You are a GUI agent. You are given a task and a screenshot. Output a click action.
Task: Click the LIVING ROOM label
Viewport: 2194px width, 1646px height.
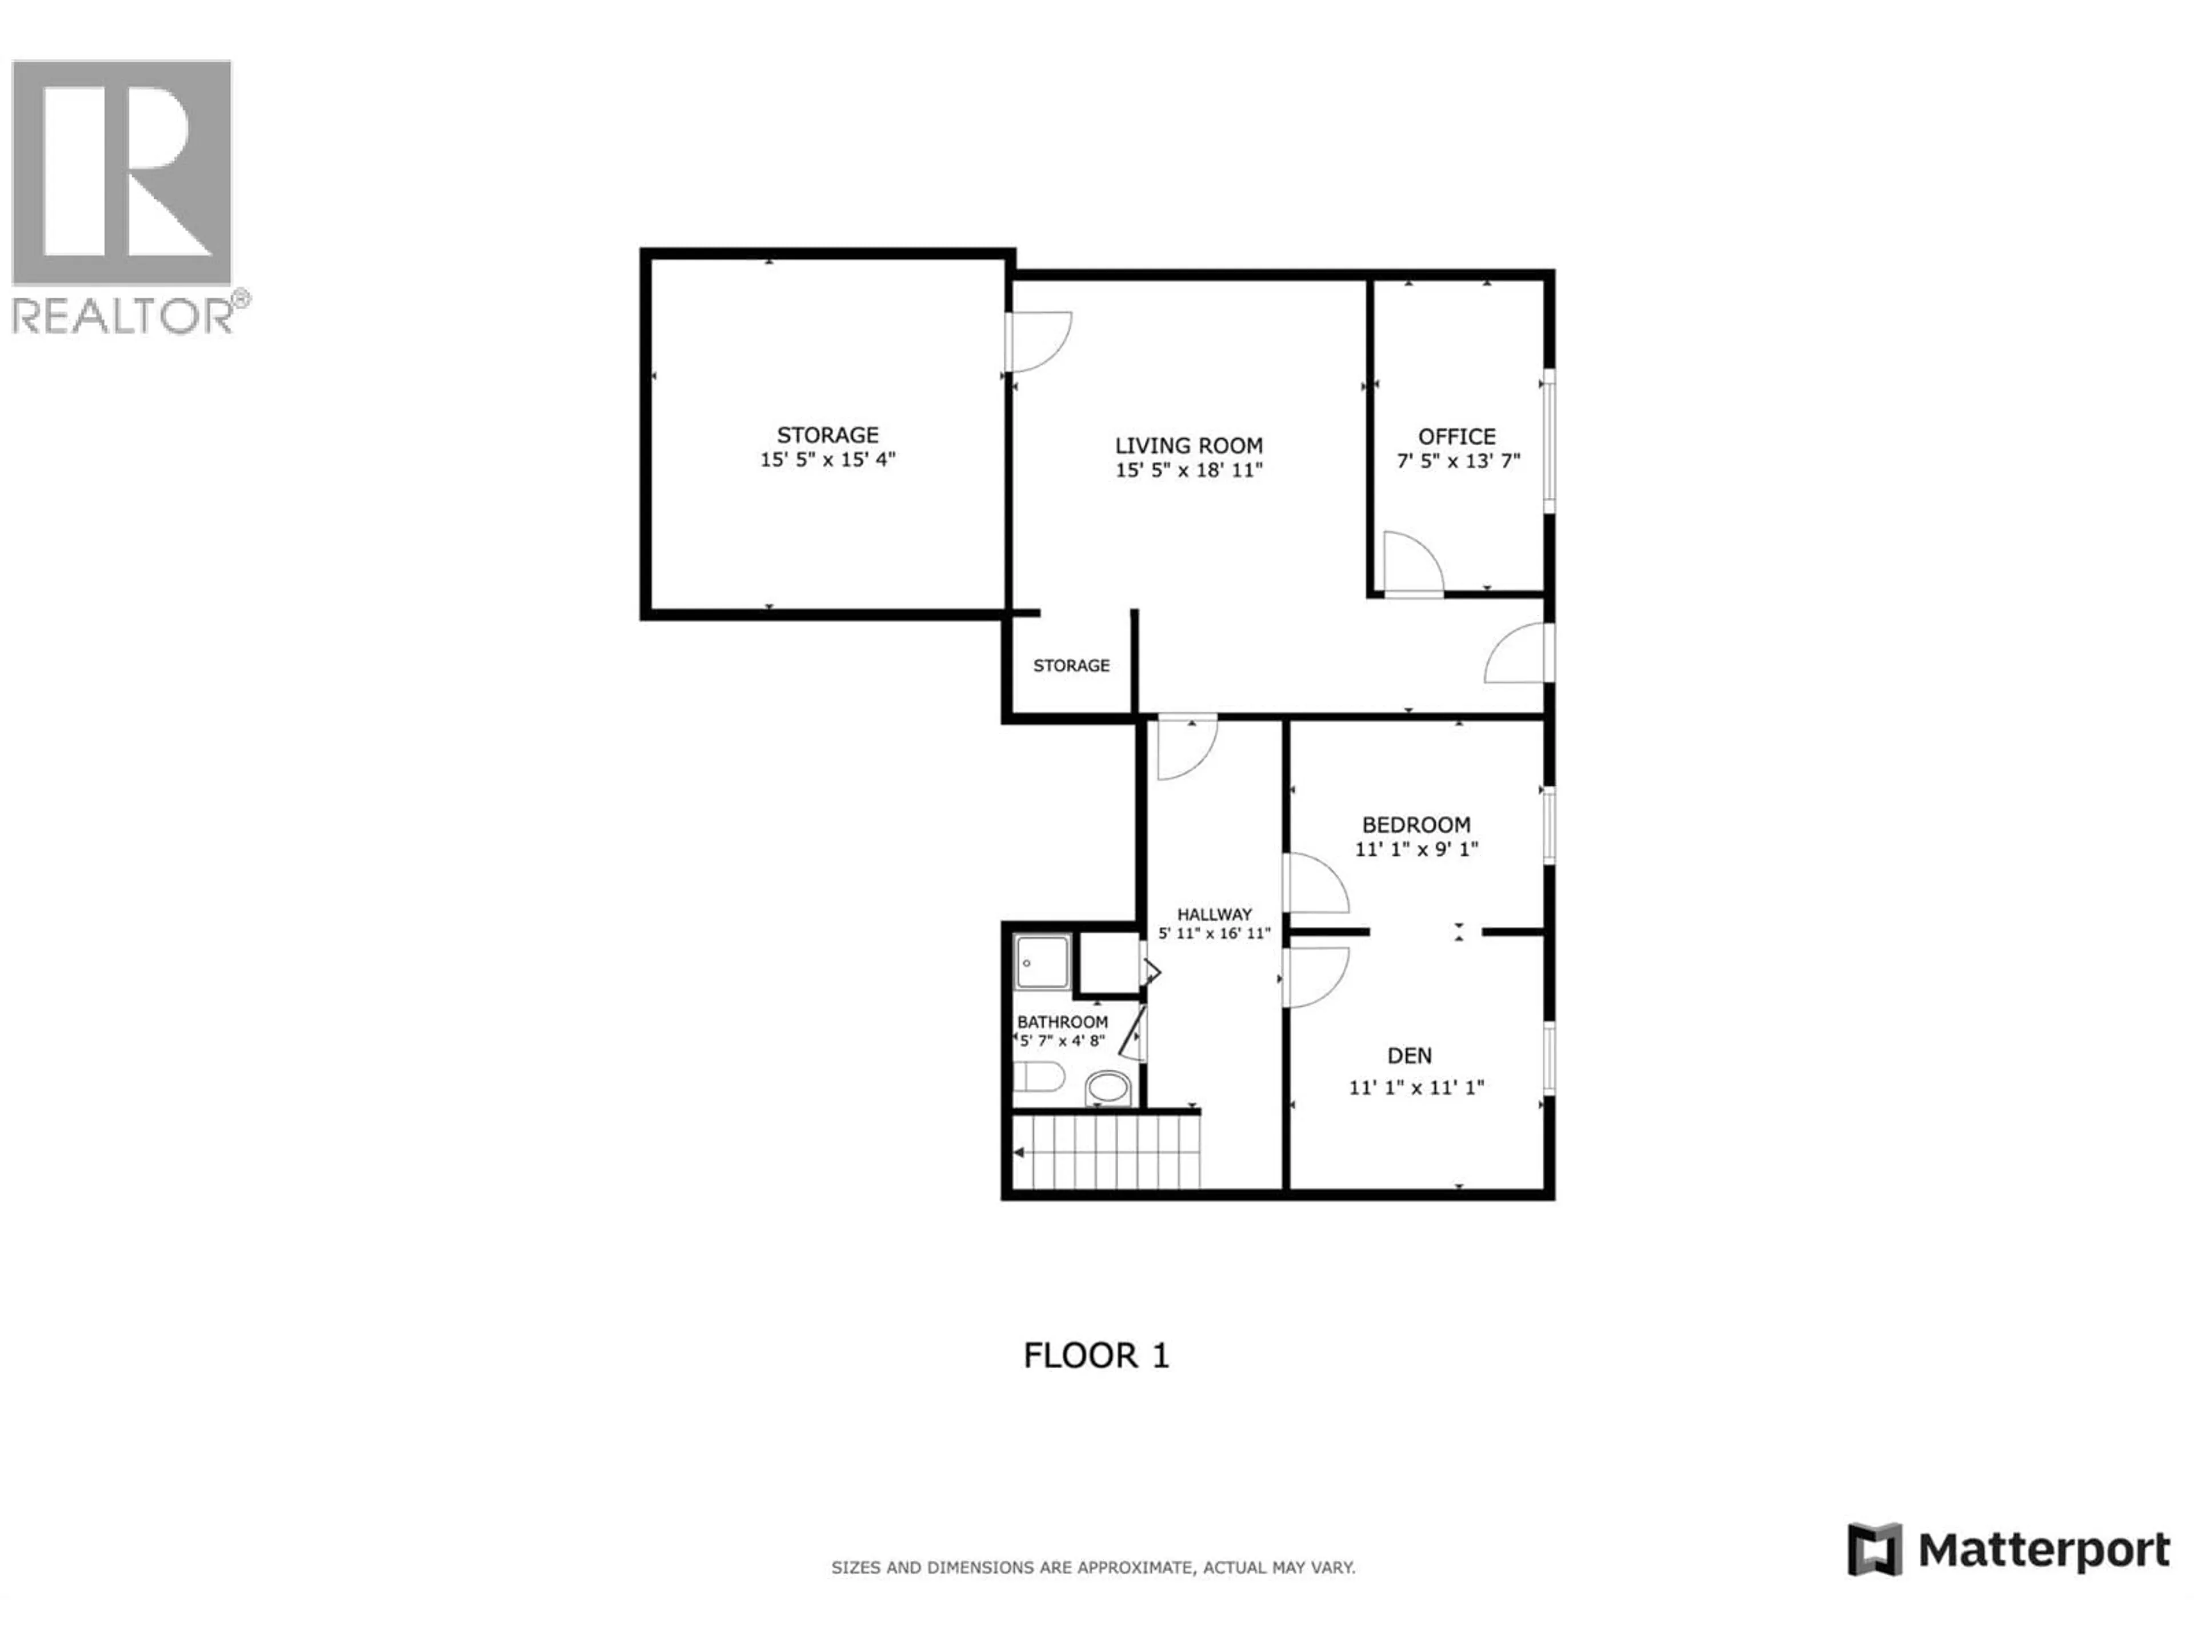point(1188,445)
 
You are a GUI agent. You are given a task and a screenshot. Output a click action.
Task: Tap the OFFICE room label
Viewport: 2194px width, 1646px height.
point(1456,437)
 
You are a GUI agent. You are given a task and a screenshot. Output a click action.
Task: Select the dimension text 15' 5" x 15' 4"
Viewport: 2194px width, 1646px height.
point(827,460)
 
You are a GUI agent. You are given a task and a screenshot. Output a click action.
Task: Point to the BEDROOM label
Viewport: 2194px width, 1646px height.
point(1415,825)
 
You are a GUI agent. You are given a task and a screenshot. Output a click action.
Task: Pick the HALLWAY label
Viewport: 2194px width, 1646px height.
point(1214,914)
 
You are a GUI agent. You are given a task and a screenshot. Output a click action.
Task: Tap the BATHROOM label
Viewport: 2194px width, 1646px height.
point(1062,1022)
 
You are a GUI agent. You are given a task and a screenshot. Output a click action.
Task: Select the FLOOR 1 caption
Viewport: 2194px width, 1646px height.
point(1096,1355)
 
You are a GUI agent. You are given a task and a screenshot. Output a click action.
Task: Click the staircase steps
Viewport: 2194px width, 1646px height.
point(1106,1153)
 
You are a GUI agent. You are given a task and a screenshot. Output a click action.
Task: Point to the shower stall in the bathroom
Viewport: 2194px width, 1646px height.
point(1043,962)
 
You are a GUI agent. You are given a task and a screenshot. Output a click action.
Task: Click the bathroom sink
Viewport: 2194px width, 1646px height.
point(1108,1088)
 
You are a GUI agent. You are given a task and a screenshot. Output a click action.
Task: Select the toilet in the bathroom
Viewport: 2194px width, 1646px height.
point(1039,1076)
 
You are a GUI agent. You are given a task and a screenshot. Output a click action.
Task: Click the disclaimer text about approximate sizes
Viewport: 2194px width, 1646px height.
point(1092,1568)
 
